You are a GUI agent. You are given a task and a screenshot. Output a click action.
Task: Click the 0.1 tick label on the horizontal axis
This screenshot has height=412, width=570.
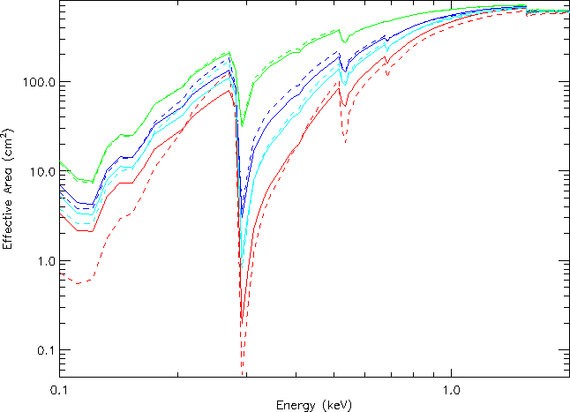(x=59, y=388)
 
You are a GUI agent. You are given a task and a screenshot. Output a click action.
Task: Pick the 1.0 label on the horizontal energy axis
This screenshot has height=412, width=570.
(x=452, y=388)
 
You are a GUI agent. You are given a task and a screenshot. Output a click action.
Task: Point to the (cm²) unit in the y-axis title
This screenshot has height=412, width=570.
(x=9, y=151)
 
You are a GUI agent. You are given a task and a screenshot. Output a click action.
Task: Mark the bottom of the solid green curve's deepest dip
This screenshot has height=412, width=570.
(x=243, y=126)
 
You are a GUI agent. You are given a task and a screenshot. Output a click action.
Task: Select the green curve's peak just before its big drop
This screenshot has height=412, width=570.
(x=229, y=52)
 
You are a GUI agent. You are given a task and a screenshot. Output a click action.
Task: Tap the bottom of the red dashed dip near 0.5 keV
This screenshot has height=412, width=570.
(x=345, y=142)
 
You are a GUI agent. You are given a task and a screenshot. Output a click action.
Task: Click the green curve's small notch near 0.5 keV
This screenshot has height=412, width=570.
(x=345, y=41)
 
